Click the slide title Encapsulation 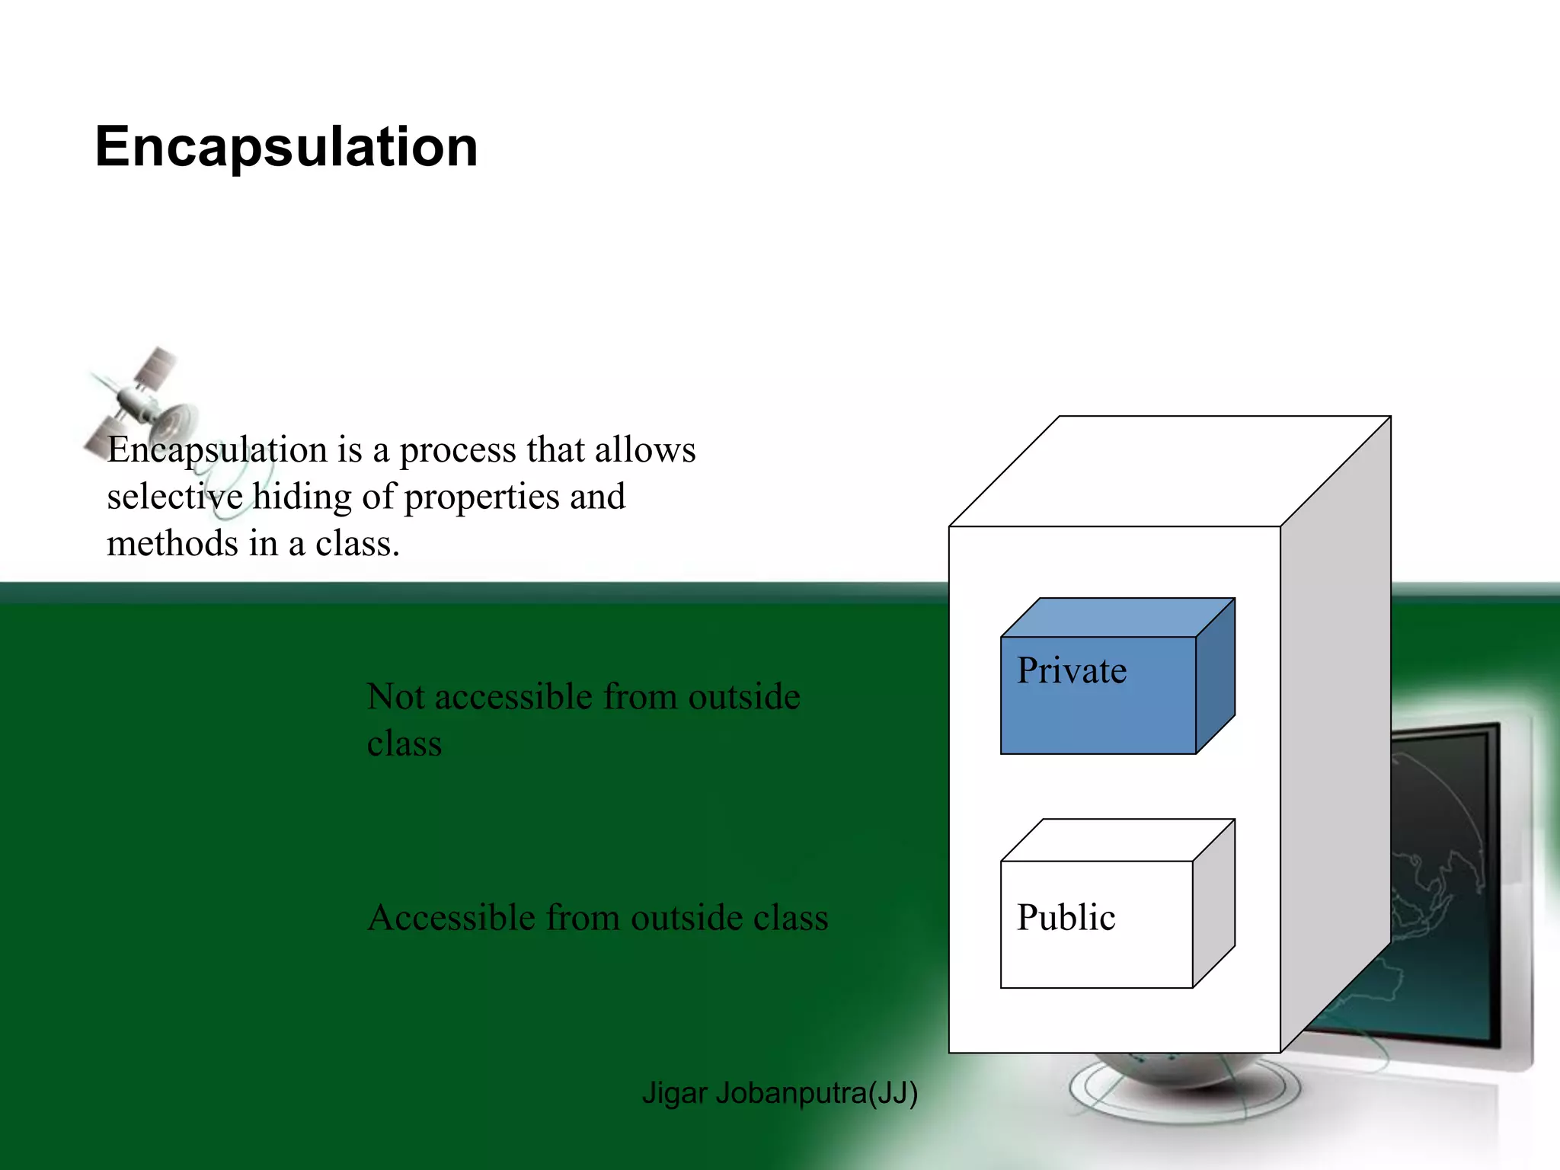(286, 147)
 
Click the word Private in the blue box (1071, 671)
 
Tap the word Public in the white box (1066, 918)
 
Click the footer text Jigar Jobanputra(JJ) (779, 1093)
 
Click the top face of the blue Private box (1118, 618)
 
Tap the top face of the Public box (1118, 840)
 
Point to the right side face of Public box (1213, 903)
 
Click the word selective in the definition (174, 497)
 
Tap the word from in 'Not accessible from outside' (640, 697)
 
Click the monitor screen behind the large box (1440, 876)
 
